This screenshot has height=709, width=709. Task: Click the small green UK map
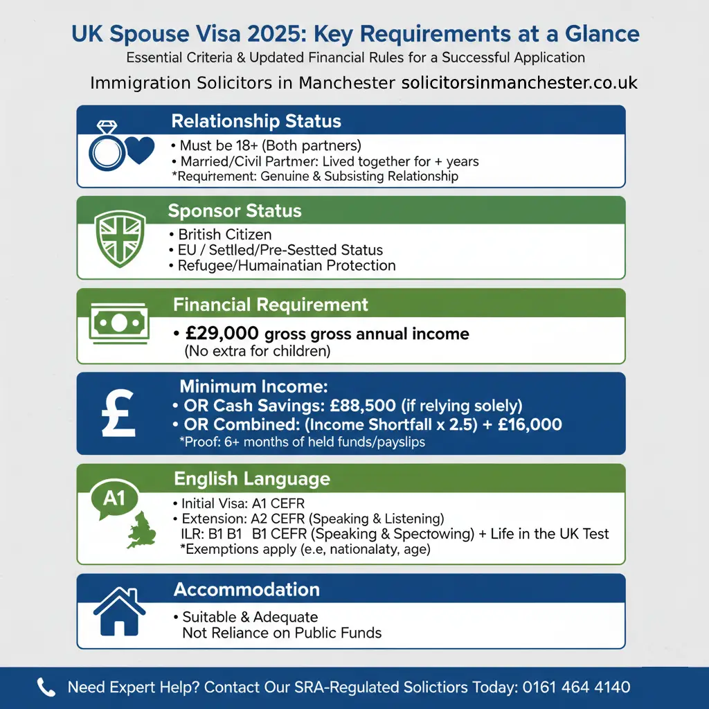(142, 529)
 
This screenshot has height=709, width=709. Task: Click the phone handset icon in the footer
(46, 688)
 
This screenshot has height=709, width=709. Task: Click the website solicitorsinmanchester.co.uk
(519, 83)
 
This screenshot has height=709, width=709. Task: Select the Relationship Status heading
(256, 121)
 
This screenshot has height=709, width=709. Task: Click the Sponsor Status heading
(235, 211)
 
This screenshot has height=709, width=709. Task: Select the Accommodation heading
(246, 589)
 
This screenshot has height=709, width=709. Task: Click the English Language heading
(252, 478)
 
